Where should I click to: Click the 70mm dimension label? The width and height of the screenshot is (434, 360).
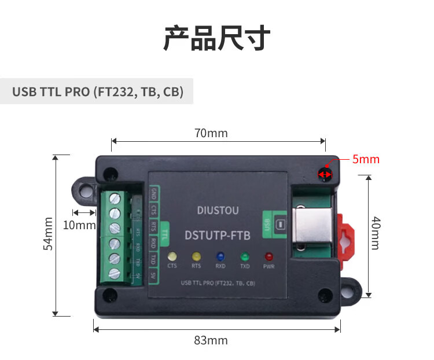[211, 134]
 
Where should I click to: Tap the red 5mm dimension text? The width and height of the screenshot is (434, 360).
[366, 159]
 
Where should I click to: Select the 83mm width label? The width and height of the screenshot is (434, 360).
[211, 340]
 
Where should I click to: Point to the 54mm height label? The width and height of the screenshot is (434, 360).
[49, 234]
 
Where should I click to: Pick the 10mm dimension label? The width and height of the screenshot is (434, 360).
[79, 225]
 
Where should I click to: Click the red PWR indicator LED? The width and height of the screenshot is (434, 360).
[269, 256]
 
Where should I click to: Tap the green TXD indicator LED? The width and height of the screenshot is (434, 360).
[245, 256]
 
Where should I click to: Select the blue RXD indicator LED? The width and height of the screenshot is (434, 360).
[220, 256]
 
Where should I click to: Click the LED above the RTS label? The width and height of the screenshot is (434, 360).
[196, 256]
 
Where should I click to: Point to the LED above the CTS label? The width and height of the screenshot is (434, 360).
[172, 256]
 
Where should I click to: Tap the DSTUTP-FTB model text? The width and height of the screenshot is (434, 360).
[217, 235]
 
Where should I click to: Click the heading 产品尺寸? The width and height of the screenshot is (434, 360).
[217, 38]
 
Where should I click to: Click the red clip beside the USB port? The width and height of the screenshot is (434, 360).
[345, 242]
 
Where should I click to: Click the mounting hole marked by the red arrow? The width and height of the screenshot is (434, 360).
[324, 174]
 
